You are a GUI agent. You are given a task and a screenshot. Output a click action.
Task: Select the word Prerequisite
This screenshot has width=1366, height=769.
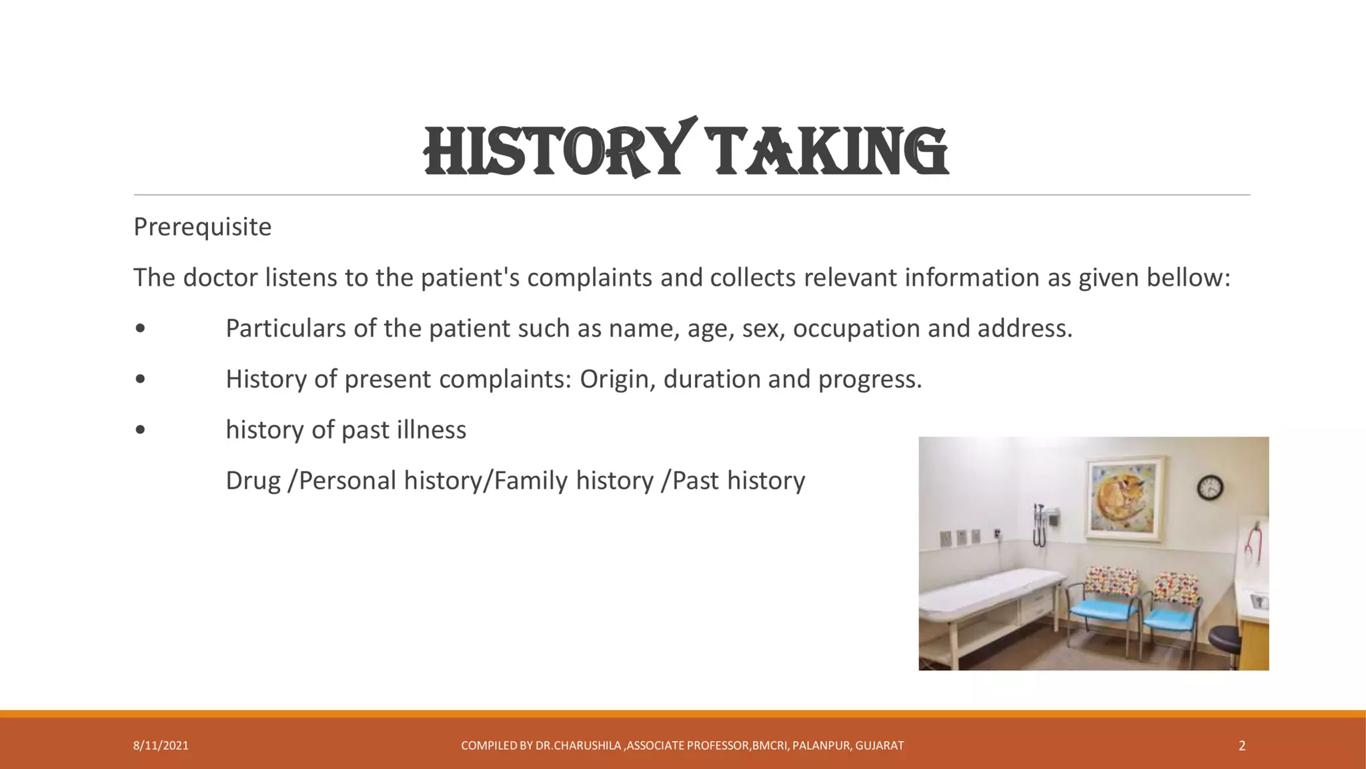coord(202,228)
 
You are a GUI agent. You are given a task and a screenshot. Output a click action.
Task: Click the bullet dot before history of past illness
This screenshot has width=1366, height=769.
coord(140,430)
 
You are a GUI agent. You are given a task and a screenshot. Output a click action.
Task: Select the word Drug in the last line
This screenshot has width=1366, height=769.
coord(253,481)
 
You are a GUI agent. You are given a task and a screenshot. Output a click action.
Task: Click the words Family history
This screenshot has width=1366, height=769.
coord(574,481)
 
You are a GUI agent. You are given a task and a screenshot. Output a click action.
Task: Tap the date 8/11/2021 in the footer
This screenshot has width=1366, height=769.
coord(161,746)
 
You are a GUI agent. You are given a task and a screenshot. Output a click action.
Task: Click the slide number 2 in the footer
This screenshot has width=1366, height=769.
coord(1242,746)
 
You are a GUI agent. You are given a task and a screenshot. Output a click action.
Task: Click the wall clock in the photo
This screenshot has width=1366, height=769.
coord(1209,488)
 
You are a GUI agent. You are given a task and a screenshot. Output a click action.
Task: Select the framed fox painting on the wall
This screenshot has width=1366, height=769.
coord(1127,497)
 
